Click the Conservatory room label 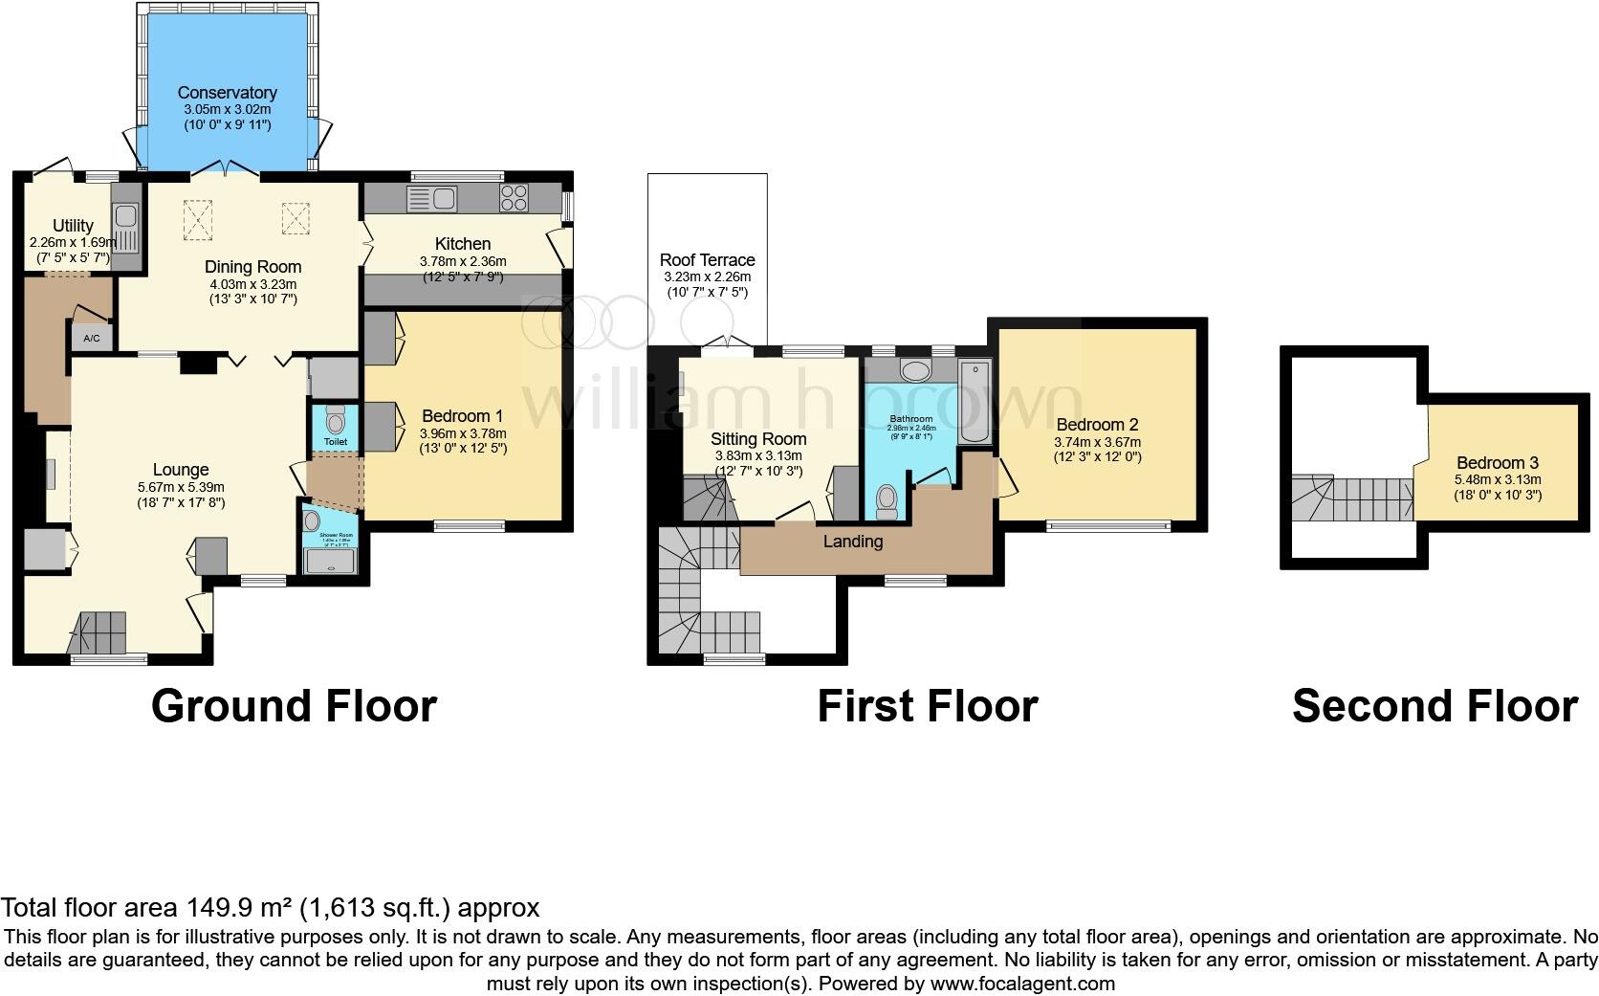[x=227, y=93]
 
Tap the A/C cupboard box [x=92, y=339]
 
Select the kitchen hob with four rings [x=515, y=198]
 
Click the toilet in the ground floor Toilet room [x=335, y=420]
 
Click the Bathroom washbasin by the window [x=915, y=370]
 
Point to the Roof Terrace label [x=707, y=260]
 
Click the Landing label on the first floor [x=853, y=542]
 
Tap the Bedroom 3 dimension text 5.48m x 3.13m [x=1498, y=480]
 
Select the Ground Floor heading [x=294, y=706]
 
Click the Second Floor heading [x=1434, y=706]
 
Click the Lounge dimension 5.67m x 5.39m [x=181, y=487]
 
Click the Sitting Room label [x=758, y=439]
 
